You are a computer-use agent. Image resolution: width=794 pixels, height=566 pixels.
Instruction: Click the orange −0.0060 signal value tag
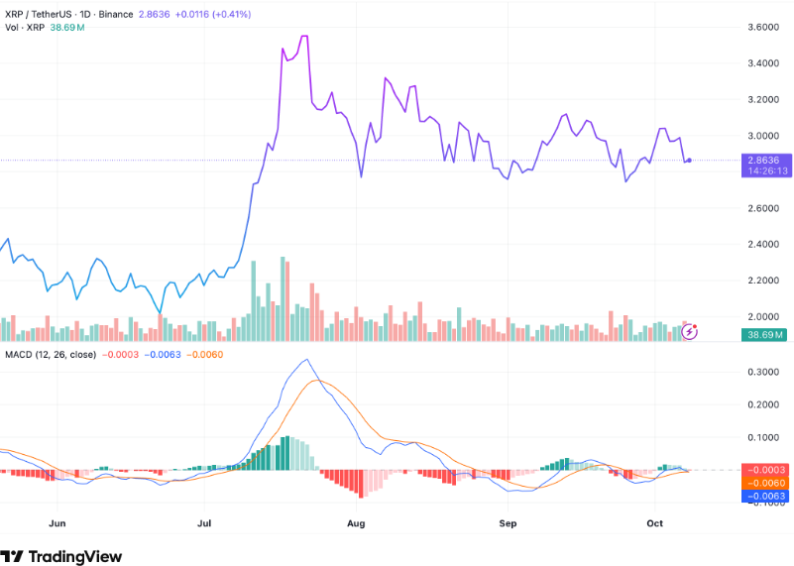pos(763,482)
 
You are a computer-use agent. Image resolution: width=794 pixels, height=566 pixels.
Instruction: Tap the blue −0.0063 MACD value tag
pos(763,495)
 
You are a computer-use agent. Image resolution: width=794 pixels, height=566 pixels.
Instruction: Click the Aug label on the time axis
pos(357,520)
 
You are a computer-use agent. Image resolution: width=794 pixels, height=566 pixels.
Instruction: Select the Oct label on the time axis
pos(654,520)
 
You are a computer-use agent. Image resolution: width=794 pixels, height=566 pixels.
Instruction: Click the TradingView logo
pos(61,556)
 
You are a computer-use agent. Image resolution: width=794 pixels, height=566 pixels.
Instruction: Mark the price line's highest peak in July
pos(303,36)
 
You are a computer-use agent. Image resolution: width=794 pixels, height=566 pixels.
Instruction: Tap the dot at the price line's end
pos(689,160)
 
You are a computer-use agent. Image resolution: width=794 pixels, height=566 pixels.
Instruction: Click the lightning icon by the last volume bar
pos(691,330)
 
